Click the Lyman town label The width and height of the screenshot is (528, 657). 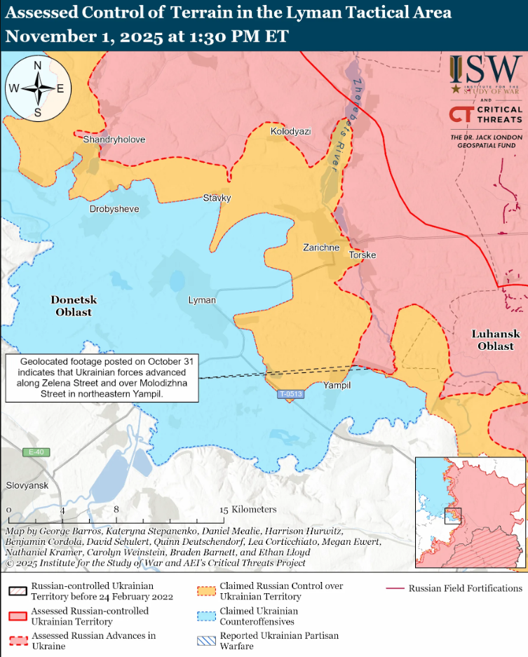pyautogui.click(x=202, y=300)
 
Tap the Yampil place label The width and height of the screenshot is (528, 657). pyautogui.click(x=337, y=386)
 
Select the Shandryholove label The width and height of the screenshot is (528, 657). pyautogui.click(x=114, y=140)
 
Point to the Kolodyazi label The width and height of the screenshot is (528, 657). pyautogui.click(x=290, y=131)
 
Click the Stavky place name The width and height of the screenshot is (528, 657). pyautogui.click(x=217, y=198)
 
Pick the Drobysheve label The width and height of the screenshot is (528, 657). pyautogui.click(x=114, y=209)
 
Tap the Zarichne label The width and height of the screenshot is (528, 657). pyautogui.click(x=321, y=248)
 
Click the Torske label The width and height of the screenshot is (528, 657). pyautogui.click(x=363, y=255)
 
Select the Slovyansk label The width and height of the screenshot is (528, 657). pyautogui.click(x=26, y=485)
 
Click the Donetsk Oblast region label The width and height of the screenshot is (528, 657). pyautogui.click(x=74, y=306)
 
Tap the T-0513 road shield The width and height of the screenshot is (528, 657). pyautogui.click(x=290, y=395)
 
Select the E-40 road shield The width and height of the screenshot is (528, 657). pyautogui.click(x=35, y=452)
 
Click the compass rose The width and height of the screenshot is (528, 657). pyautogui.click(x=38, y=88)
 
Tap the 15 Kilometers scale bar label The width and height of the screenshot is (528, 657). pyautogui.click(x=248, y=509)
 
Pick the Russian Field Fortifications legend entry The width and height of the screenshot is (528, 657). pyautogui.click(x=465, y=588)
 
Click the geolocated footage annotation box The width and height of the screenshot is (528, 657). pyautogui.click(x=102, y=377)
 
